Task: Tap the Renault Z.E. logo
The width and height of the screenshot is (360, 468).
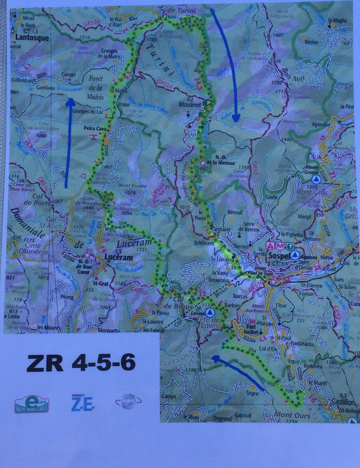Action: pyautogui.click(x=78, y=403)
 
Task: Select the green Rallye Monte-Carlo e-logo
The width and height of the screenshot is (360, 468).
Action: pyautogui.click(x=31, y=405)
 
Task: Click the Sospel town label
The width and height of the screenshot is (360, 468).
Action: pyautogui.click(x=279, y=251)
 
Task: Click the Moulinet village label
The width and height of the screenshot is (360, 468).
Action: pyautogui.click(x=187, y=107)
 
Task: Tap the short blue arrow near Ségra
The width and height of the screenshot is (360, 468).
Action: pyautogui.click(x=239, y=375)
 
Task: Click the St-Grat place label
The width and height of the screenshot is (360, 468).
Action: pyautogui.click(x=99, y=282)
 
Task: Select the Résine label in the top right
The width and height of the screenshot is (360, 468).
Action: pyautogui.click(x=312, y=42)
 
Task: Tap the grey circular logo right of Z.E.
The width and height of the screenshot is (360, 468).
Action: pyautogui.click(x=123, y=403)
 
